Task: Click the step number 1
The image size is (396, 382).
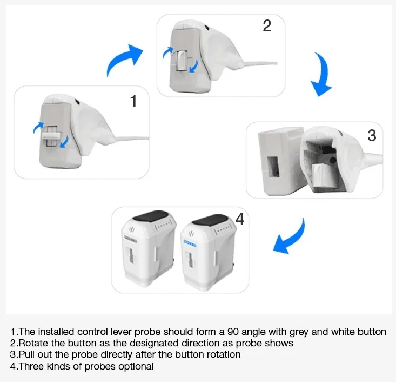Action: tap(133, 101)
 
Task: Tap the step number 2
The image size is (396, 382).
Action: tap(267, 26)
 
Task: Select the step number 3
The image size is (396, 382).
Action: tap(372, 135)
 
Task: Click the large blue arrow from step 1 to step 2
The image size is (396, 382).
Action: tap(124, 60)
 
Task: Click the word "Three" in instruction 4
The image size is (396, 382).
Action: tap(31, 366)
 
